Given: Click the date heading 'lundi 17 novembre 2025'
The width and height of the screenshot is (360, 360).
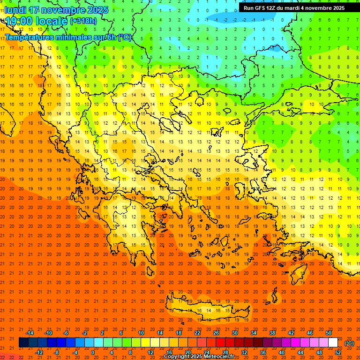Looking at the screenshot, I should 51,10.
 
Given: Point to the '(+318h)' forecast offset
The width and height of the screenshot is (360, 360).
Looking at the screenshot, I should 84,21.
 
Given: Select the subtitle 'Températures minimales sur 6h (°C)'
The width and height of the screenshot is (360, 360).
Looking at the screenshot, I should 68,37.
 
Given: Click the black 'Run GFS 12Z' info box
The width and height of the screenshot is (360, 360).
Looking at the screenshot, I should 294,7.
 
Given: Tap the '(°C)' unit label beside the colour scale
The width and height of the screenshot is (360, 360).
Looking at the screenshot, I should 349,343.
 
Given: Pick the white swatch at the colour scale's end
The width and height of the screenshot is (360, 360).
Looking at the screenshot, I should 333,343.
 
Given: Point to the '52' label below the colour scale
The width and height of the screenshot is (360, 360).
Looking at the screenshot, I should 338,352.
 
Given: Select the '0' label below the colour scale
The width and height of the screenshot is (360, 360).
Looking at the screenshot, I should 93,352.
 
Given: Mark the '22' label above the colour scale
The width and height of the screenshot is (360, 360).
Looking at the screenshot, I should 197,333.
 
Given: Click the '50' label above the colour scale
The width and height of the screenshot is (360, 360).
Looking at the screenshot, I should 329,333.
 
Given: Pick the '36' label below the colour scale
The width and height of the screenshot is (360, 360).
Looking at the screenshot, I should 263,352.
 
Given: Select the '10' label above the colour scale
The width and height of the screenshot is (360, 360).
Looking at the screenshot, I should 141,333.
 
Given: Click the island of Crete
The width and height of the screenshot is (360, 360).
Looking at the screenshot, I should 206,309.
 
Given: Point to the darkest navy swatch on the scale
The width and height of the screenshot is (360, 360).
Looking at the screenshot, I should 23,343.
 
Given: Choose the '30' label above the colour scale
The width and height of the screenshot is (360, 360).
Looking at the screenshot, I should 235,333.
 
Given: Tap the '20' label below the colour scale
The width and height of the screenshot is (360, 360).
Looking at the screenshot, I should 188,352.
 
